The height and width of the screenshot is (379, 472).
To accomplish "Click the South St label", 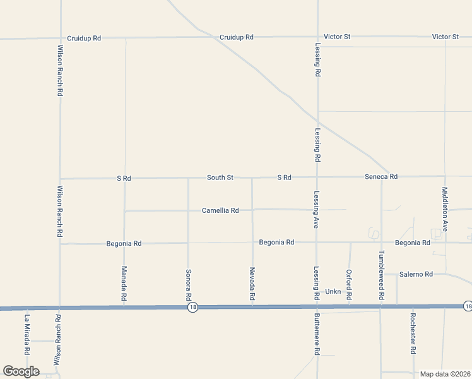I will (x=220, y=177).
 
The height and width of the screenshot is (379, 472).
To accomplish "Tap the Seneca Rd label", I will (x=381, y=177).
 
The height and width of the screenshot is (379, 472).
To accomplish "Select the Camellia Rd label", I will (x=220, y=210).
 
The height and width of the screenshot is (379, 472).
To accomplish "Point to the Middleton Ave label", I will (x=445, y=208).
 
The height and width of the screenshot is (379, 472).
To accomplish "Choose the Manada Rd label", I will (x=124, y=282).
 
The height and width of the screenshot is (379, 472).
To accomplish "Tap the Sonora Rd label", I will (x=188, y=283).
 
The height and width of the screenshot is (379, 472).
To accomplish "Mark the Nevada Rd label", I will (x=252, y=283).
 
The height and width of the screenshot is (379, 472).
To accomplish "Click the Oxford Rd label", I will (x=349, y=284).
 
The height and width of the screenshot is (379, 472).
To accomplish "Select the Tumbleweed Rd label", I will (x=381, y=270).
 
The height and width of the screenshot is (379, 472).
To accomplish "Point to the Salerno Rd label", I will (x=416, y=274).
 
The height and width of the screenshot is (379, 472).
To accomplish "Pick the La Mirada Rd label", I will (x=27, y=334).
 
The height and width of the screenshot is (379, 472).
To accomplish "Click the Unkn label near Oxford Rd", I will (x=333, y=292).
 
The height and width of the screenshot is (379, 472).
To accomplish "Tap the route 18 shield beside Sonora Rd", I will (x=192, y=307).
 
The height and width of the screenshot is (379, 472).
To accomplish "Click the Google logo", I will (x=21, y=371).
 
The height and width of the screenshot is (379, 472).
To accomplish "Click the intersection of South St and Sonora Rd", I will (x=188, y=178).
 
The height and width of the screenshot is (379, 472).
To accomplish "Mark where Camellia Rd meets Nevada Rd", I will (x=252, y=210).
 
